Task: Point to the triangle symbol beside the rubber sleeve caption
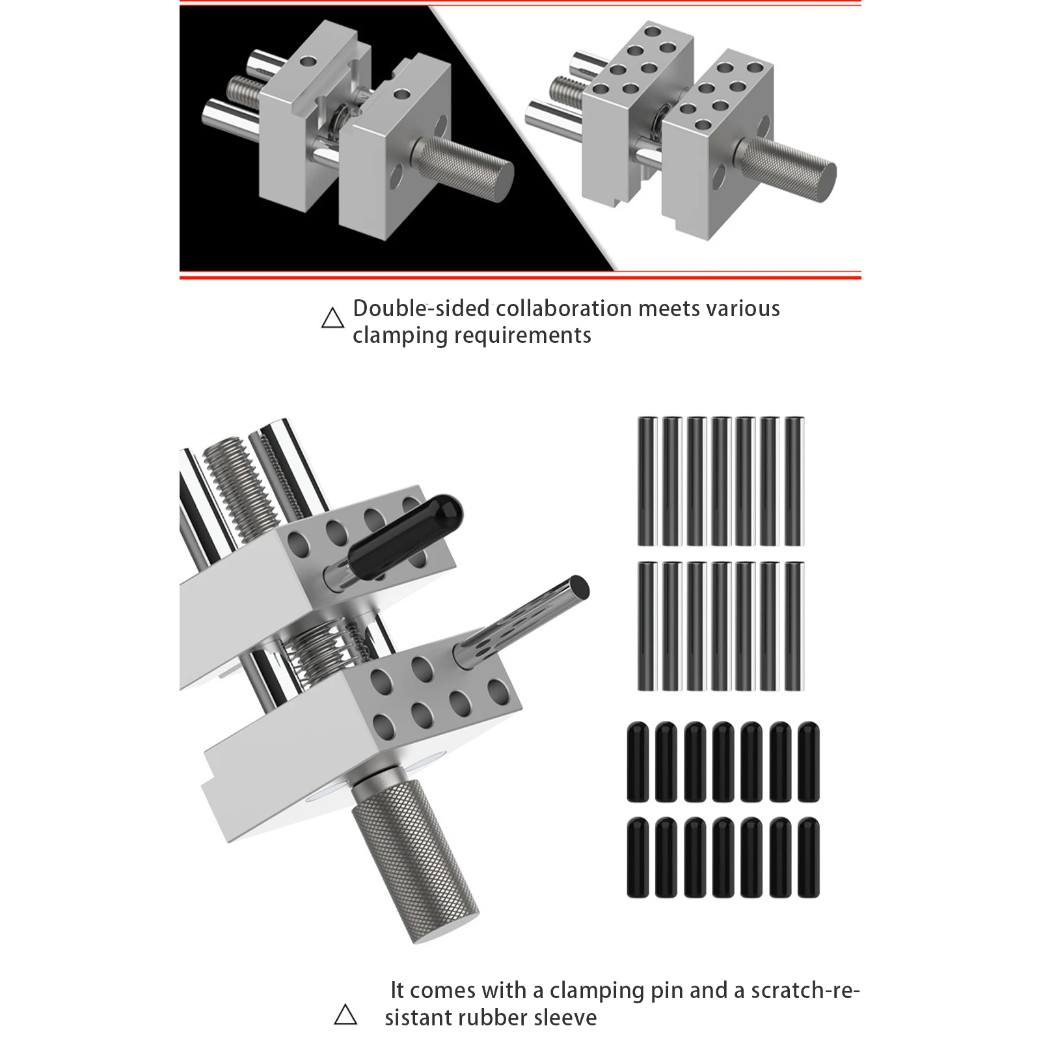pos(345,1014)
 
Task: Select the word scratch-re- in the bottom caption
pos(805,990)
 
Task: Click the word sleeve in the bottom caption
pos(565,1017)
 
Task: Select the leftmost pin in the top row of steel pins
pos(647,481)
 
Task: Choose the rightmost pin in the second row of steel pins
pos(794,626)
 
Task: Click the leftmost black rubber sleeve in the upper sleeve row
pos(638,761)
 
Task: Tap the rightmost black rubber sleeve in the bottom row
pos(809,858)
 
